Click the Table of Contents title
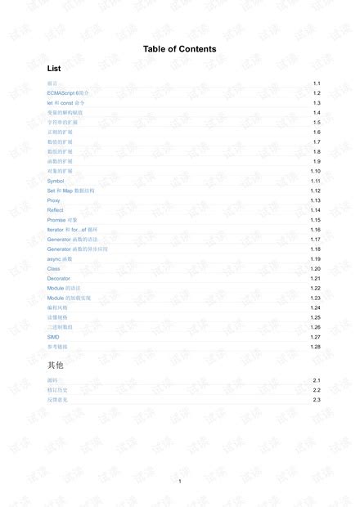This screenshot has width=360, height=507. click(179, 49)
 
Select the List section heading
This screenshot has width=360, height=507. click(54, 69)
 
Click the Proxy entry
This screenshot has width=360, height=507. click(54, 200)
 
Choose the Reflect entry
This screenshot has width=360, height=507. click(55, 210)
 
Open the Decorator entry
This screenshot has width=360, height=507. click(59, 279)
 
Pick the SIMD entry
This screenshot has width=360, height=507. click(53, 337)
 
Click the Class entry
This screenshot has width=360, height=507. click(54, 269)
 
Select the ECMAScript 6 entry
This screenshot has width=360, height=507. click(68, 94)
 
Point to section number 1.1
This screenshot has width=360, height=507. click(316, 84)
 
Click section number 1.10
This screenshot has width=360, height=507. click(315, 171)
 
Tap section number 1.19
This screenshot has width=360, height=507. click(315, 259)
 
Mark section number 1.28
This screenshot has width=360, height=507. click(315, 347)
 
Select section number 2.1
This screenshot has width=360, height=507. click(316, 381)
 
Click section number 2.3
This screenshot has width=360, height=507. click(316, 400)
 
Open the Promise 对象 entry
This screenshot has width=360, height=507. click(62, 220)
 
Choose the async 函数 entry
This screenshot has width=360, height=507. click(60, 259)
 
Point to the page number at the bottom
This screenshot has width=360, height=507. click(179, 481)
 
